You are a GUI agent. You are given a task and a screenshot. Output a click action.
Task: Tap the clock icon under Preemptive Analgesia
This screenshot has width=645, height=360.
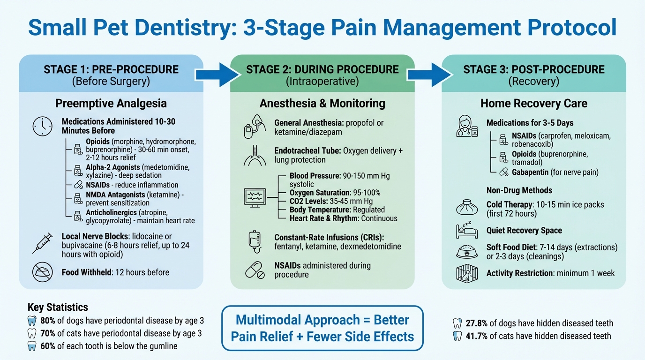click(43, 126)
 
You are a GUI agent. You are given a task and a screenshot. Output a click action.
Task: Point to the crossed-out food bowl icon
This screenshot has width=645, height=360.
click(43, 272)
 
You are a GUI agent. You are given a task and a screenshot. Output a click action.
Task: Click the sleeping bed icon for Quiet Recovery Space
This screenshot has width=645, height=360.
click(466, 231)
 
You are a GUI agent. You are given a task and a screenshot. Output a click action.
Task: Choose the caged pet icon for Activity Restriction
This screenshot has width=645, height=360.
click(466, 273)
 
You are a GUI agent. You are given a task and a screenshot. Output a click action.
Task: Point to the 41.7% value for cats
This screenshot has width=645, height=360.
click(477, 336)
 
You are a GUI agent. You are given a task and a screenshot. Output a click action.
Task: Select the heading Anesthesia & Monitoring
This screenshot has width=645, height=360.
click(322, 103)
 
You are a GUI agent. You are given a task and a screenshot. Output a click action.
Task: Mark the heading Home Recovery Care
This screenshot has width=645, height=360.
click(533, 103)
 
